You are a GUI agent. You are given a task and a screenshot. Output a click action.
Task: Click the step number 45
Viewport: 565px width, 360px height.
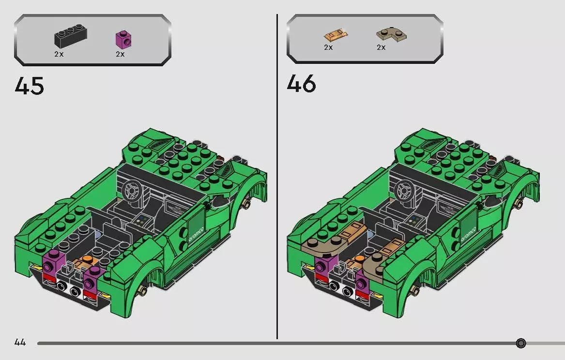coord(30,86)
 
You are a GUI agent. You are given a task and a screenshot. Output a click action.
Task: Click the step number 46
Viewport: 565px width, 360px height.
coord(302,84)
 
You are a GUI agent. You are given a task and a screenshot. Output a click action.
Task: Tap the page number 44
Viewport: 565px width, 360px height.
coord(20,342)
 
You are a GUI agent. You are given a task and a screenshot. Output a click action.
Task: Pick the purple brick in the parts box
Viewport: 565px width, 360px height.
coord(123,39)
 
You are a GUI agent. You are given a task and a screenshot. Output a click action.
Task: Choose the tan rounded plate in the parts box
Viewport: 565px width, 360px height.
coord(392,34)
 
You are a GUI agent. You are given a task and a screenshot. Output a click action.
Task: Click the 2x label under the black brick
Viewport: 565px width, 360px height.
coord(59,54)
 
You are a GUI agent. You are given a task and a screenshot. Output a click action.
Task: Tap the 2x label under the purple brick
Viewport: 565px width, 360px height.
coord(121,54)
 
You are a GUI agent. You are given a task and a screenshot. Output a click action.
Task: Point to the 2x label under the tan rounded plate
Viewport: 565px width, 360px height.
coord(381,47)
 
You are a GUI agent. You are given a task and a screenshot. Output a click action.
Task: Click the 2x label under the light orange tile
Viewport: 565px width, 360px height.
coord(329,47)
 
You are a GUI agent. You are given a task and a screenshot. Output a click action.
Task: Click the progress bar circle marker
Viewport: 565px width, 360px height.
coord(520,343)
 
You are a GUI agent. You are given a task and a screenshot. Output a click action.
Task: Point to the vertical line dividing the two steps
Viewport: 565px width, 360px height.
coord(277,177)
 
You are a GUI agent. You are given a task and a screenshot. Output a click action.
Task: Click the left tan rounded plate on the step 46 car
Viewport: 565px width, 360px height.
coord(325,245)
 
